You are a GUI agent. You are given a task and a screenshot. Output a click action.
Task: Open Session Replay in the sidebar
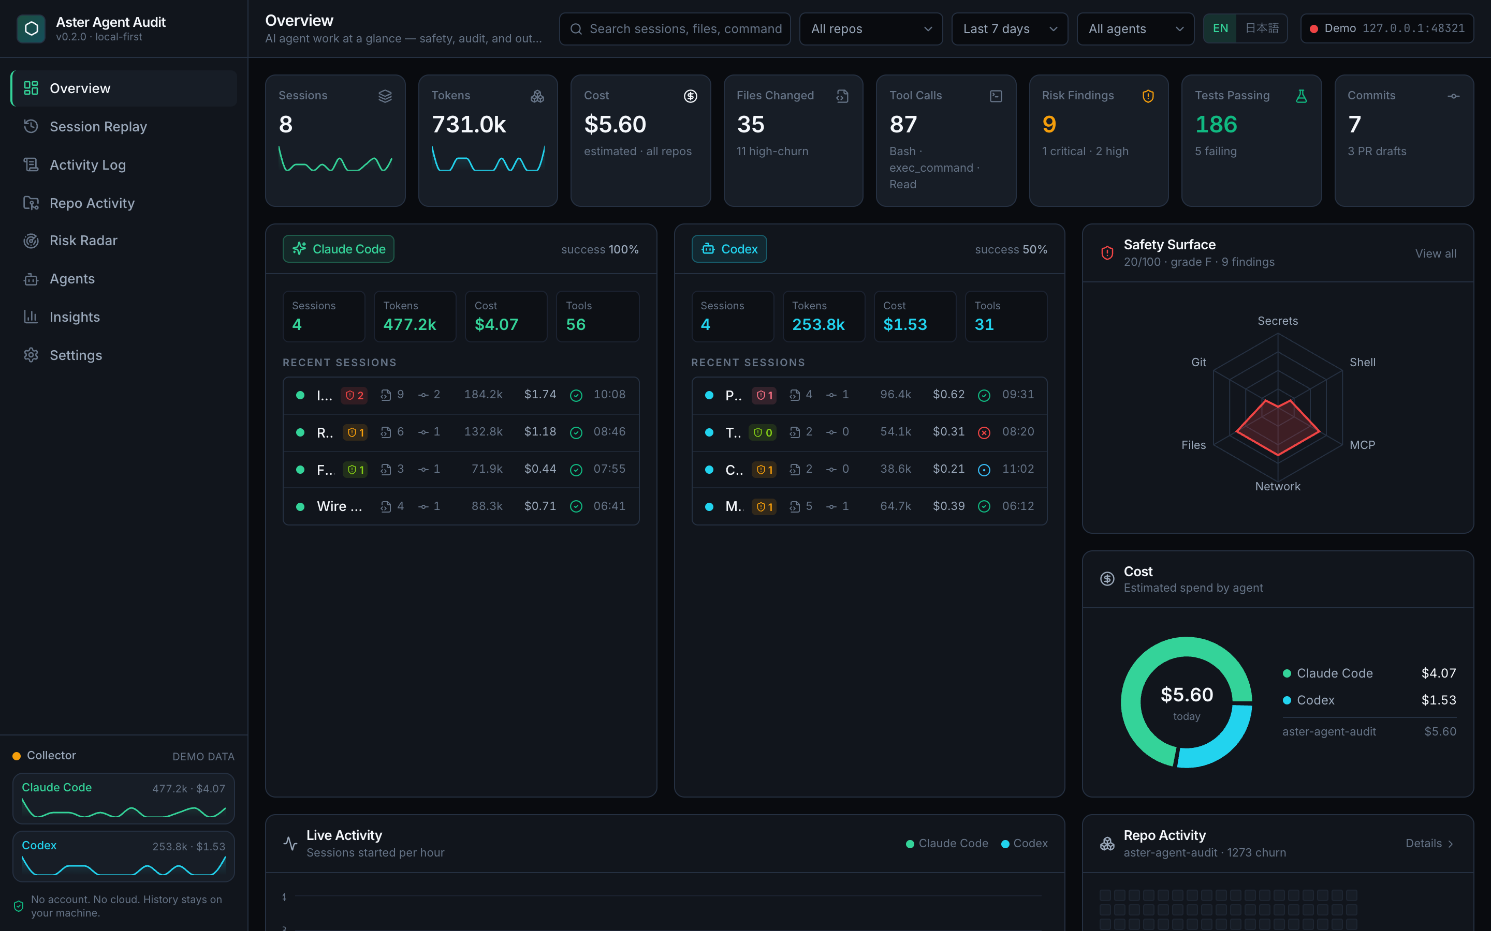pos(98,126)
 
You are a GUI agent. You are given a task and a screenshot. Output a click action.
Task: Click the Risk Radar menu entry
pos(83,240)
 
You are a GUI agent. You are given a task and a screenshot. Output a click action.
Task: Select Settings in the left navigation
pos(76,355)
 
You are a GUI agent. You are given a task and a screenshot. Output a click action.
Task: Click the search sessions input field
pos(675,29)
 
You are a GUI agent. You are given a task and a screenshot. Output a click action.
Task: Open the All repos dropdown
pos(871,29)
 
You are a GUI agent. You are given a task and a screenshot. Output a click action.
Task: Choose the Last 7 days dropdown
pos(1009,29)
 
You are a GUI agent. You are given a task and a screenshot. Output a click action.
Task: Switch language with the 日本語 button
pos(1261,28)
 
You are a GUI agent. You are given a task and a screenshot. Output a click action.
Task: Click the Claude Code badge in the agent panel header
pos(338,249)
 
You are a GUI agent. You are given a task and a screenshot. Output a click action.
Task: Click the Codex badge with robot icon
pos(729,249)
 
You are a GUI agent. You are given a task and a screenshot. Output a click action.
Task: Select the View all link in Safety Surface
pos(1436,253)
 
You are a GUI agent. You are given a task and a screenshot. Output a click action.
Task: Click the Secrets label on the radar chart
pos(1277,321)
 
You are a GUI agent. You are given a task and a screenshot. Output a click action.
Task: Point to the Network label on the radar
pos(1277,486)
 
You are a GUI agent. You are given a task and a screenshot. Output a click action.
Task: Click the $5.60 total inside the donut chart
pos(1187,695)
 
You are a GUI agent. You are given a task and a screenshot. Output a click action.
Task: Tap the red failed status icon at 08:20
pos(984,432)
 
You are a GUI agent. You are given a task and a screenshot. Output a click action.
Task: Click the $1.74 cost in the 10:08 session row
pos(540,394)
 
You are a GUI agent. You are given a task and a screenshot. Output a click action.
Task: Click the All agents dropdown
pos(1135,29)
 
